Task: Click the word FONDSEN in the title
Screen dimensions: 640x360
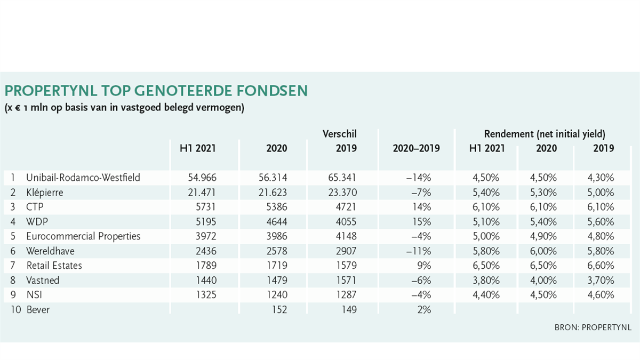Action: coord(272,91)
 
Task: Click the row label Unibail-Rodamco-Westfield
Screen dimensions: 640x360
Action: coord(83,178)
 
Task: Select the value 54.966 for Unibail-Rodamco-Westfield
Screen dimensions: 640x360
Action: coord(202,178)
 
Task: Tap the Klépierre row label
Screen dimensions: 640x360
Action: coord(45,193)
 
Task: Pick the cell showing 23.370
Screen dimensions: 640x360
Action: coord(342,193)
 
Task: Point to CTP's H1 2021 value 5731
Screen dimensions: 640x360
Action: coord(206,207)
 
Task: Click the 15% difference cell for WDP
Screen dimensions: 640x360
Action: coord(422,222)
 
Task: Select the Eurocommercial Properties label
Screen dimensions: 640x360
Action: coord(83,236)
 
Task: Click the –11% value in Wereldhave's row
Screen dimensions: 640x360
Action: coord(419,251)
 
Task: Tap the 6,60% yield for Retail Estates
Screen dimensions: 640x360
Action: coord(601,266)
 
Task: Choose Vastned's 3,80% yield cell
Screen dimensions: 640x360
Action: coord(486,281)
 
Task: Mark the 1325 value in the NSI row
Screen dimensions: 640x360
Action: coord(206,295)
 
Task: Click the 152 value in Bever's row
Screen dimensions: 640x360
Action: coord(279,310)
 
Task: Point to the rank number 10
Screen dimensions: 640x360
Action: coord(15,310)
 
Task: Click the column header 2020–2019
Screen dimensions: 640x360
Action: coord(417,148)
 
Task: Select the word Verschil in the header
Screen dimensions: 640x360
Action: coord(340,134)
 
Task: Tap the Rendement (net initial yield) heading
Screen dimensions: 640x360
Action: coord(545,134)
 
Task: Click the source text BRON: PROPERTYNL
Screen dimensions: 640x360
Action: coord(593,327)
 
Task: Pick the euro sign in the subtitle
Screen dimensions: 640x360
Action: coord(18,108)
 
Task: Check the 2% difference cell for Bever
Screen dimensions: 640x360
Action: coord(424,310)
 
